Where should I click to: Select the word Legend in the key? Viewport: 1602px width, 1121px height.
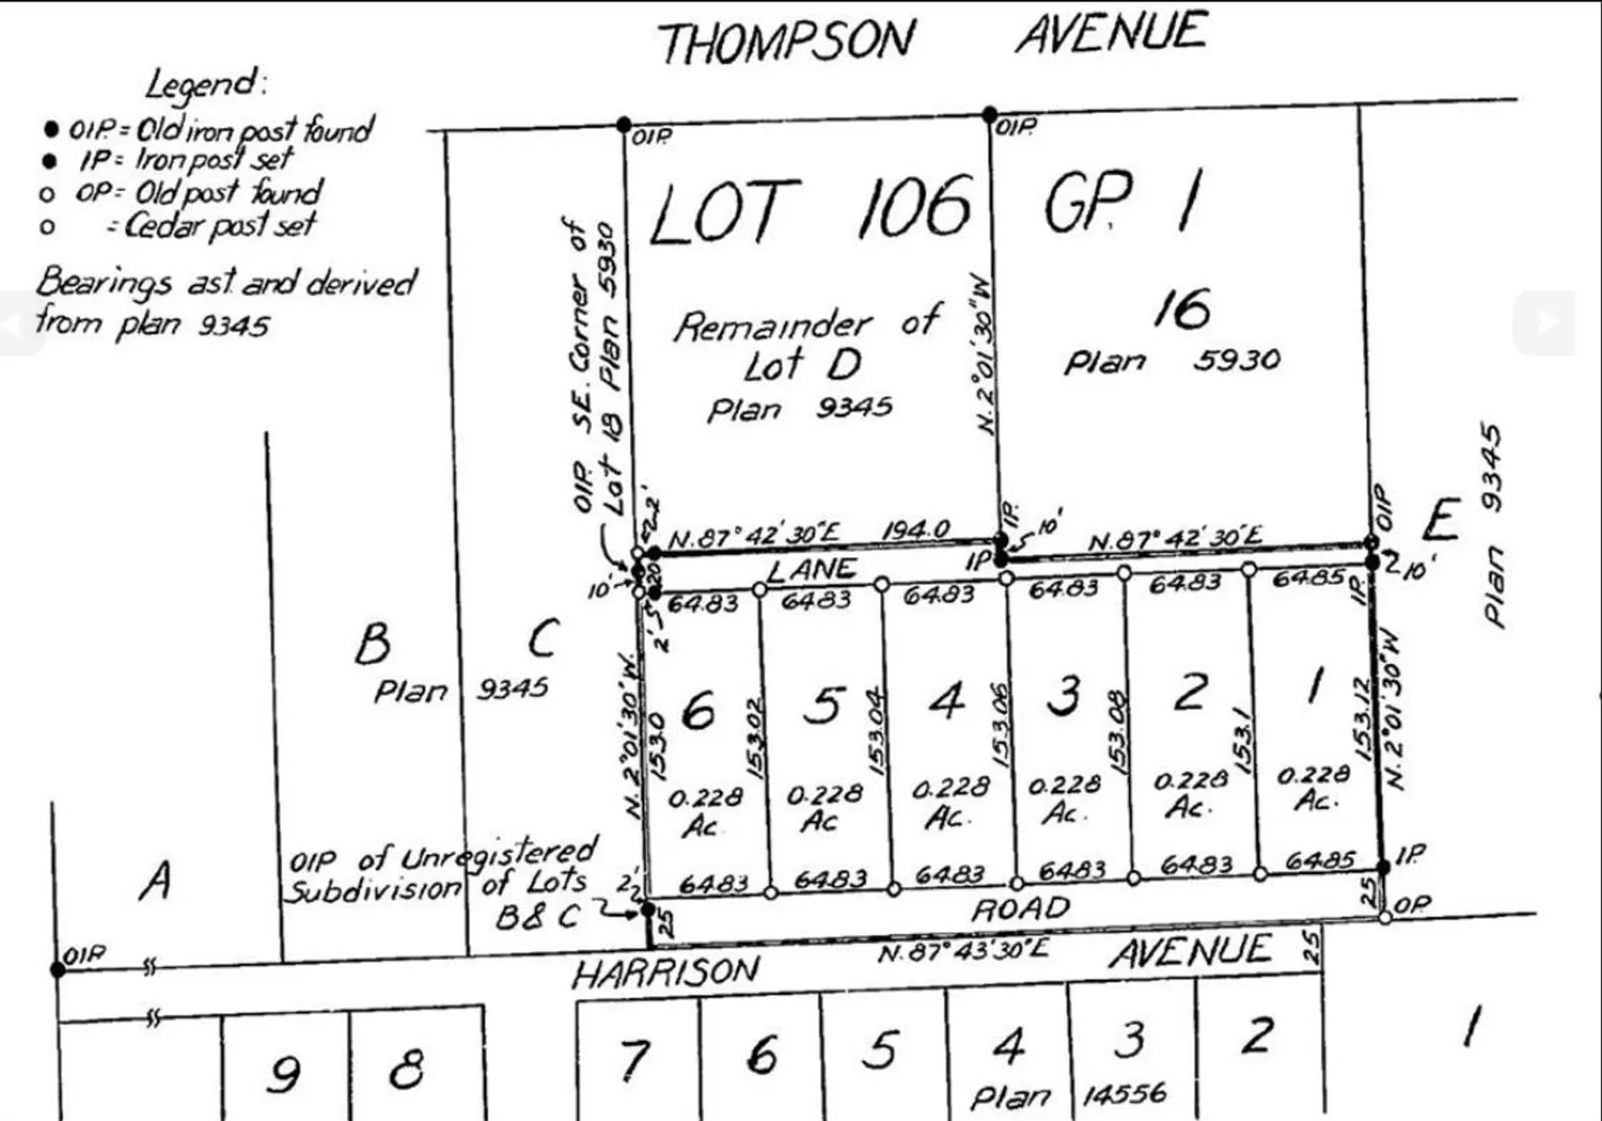tap(205, 84)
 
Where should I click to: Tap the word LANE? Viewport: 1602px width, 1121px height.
tap(811, 570)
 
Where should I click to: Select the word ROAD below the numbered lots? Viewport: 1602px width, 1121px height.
tap(1020, 908)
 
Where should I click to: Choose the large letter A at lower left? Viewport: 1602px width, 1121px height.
tap(156, 880)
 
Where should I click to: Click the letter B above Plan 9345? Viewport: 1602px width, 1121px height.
tap(372, 643)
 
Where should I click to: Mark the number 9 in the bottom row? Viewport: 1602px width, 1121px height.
tap(284, 1073)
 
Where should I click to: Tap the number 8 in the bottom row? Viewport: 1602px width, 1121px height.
tap(406, 1068)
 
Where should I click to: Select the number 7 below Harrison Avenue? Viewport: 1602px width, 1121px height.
tap(633, 1060)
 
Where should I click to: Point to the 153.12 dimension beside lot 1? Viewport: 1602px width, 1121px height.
tap(1362, 718)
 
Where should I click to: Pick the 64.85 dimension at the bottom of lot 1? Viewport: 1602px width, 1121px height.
tap(1319, 860)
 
